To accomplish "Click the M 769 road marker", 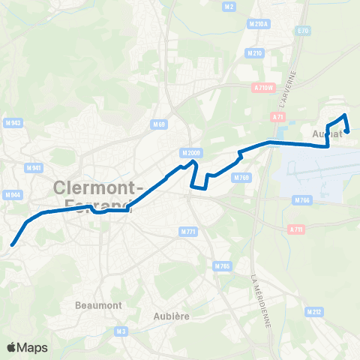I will click(241, 178).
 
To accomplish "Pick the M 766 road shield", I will click(301, 199).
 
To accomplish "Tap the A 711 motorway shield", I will click(296, 229).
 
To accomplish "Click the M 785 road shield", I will click(221, 266).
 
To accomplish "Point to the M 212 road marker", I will click(313, 310).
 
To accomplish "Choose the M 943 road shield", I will click(12, 144).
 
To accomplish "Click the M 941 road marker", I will click(12, 168).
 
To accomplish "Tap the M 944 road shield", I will click(12, 195).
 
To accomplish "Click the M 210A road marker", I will click(257, 24).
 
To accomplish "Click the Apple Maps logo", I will click(27, 347).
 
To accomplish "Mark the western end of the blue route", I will click(12, 244).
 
